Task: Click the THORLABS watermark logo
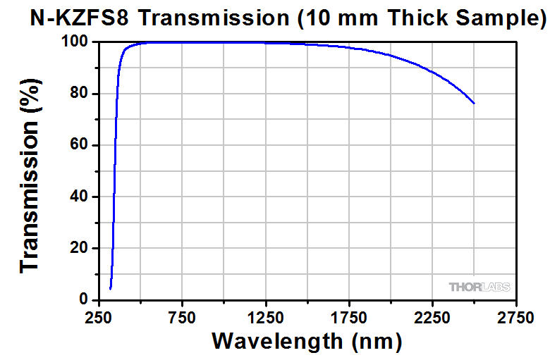click(x=479, y=287)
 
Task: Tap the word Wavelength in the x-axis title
click(x=276, y=342)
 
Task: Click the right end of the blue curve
click(x=475, y=104)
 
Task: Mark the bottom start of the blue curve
click(x=110, y=289)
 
